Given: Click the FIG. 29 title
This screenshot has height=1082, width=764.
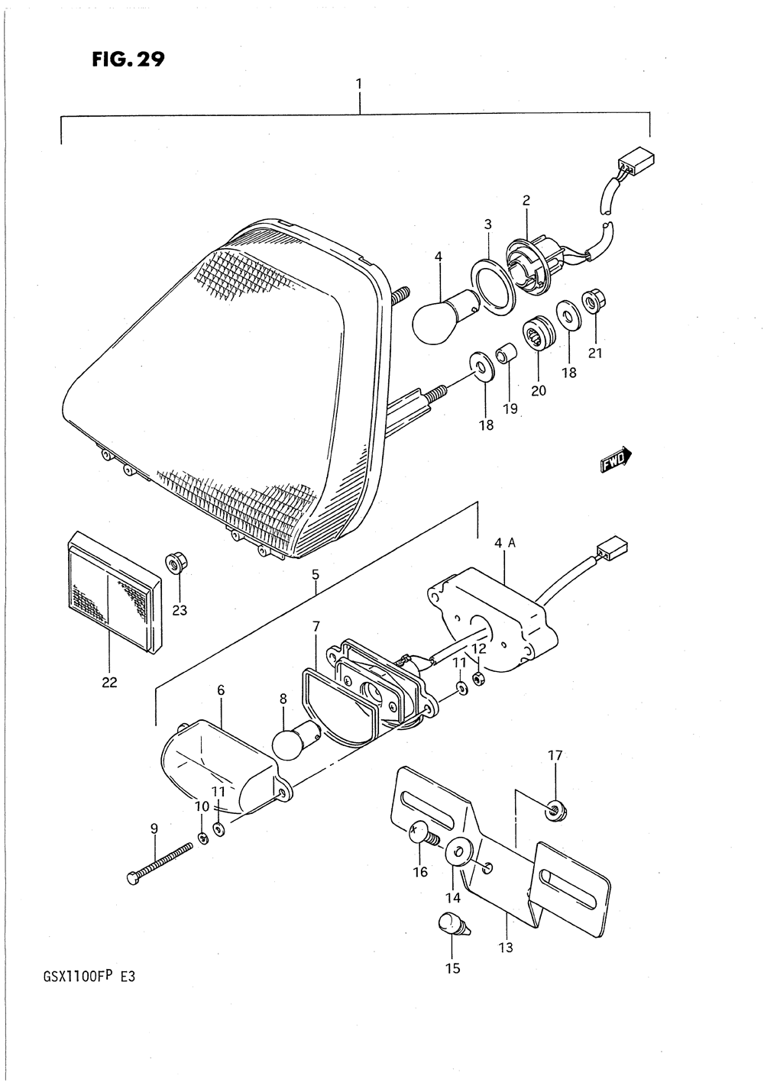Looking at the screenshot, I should coord(128,60).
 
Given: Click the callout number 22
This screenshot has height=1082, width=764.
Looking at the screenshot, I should coord(109,683).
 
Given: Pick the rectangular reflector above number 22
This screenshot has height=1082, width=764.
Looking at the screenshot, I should coord(113,592).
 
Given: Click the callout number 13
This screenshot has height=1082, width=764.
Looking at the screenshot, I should coord(506,948).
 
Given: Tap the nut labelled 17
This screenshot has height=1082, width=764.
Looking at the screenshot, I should coord(555,809).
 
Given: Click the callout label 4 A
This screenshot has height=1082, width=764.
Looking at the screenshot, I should coord(506,544).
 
